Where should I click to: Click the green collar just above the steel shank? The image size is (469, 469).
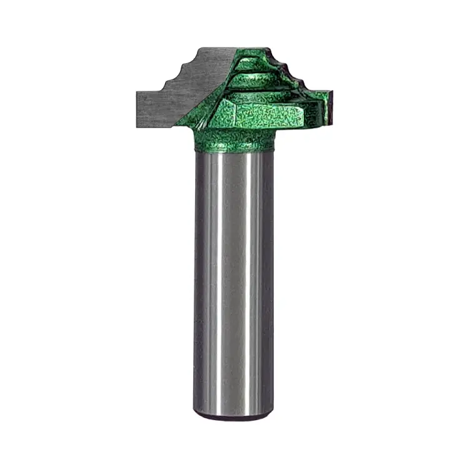tap(234, 143)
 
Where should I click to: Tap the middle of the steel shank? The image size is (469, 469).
tap(234, 281)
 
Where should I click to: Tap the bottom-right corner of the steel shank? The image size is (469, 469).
tap(273, 410)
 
